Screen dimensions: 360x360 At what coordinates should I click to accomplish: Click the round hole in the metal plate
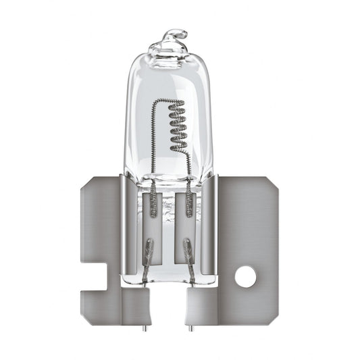coord(245,276)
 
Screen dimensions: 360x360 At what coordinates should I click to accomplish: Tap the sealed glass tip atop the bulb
coord(174,35)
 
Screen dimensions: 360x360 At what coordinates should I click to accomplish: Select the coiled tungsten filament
coord(176,126)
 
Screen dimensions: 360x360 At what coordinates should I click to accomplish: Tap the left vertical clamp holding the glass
coord(129,223)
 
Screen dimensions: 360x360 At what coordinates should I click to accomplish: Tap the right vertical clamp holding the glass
coord(211,223)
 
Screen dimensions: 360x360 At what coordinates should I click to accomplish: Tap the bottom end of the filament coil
coord(177,151)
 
